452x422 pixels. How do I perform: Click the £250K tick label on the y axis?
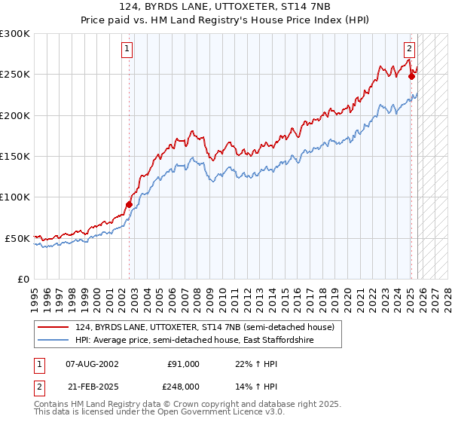[15, 75]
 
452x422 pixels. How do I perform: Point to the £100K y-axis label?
[15, 197]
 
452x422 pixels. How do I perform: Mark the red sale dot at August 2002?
[129, 203]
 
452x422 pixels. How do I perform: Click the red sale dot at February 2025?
[411, 75]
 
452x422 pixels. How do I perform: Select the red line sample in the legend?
[54, 327]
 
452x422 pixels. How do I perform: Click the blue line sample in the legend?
[54, 341]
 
